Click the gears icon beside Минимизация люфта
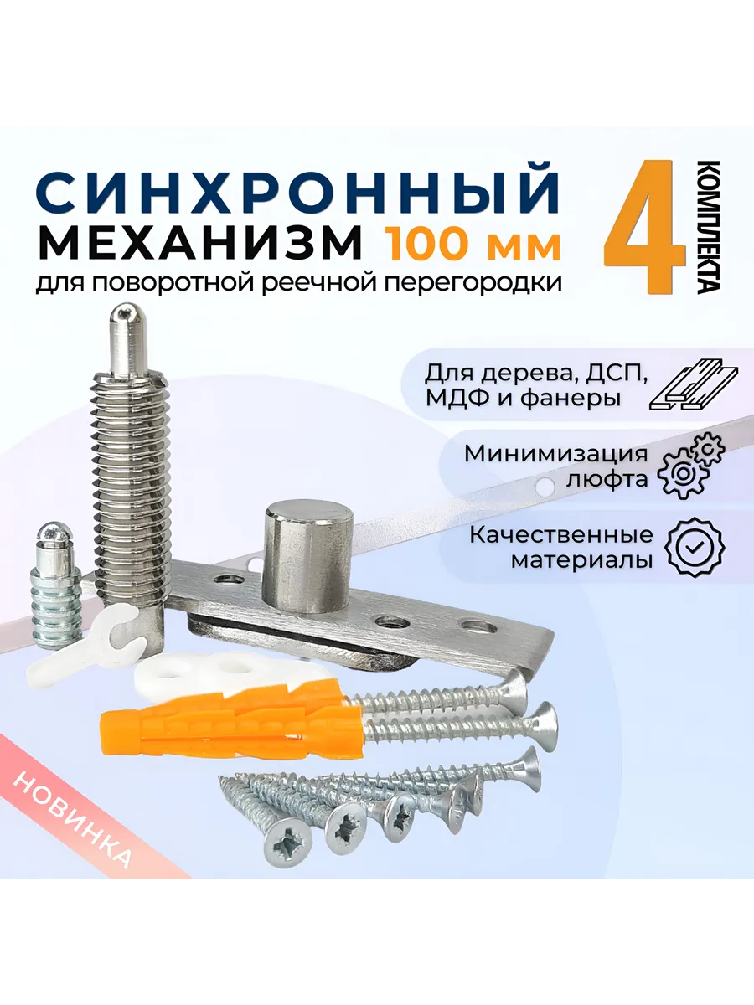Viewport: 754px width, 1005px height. click(691, 465)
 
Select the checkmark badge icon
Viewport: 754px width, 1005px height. click(695, 547)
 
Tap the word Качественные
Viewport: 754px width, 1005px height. click(561, 534)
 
